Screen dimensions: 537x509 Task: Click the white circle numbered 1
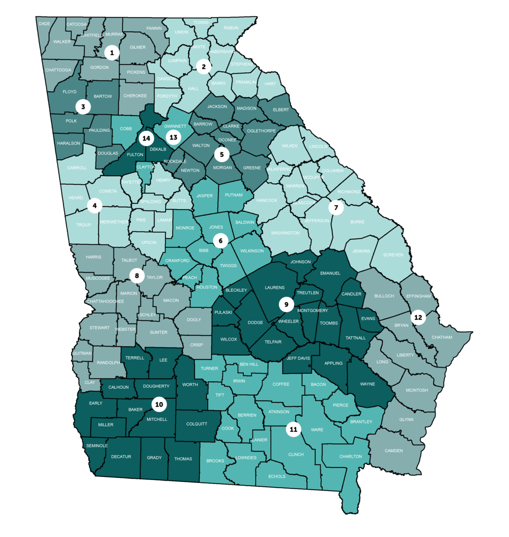[111, 52]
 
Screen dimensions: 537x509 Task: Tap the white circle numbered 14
[147, 138]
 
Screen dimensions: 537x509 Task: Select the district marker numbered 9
[287, 304]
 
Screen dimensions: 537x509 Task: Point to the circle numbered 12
[418, 318]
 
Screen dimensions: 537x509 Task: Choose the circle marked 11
[293, 429]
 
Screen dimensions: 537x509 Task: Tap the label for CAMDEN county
[393, 450]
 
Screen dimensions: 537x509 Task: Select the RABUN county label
[231, 28]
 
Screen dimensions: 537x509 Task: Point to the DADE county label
[45, 23]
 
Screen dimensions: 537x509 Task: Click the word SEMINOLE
[96, 445]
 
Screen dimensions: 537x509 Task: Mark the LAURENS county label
[275, 288]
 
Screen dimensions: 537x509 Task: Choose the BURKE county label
[358, 222]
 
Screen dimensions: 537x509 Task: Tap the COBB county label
[125, 129]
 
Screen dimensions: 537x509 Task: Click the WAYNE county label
[367, 384]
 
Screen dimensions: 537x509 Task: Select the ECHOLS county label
[276, 476]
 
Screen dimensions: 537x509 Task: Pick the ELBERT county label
[280, 109]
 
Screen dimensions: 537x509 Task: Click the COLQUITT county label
[196, 423]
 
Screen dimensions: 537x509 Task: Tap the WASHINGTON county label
[285, 233]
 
